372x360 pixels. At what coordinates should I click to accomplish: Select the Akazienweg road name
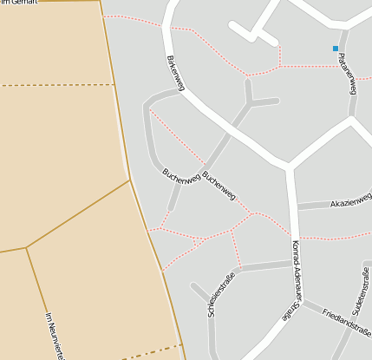coord(350,202)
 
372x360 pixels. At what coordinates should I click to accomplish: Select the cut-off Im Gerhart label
coord(17,3)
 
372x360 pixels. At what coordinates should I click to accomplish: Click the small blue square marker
coord(336,49)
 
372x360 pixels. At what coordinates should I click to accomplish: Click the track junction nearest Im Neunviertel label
coord(26,247)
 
